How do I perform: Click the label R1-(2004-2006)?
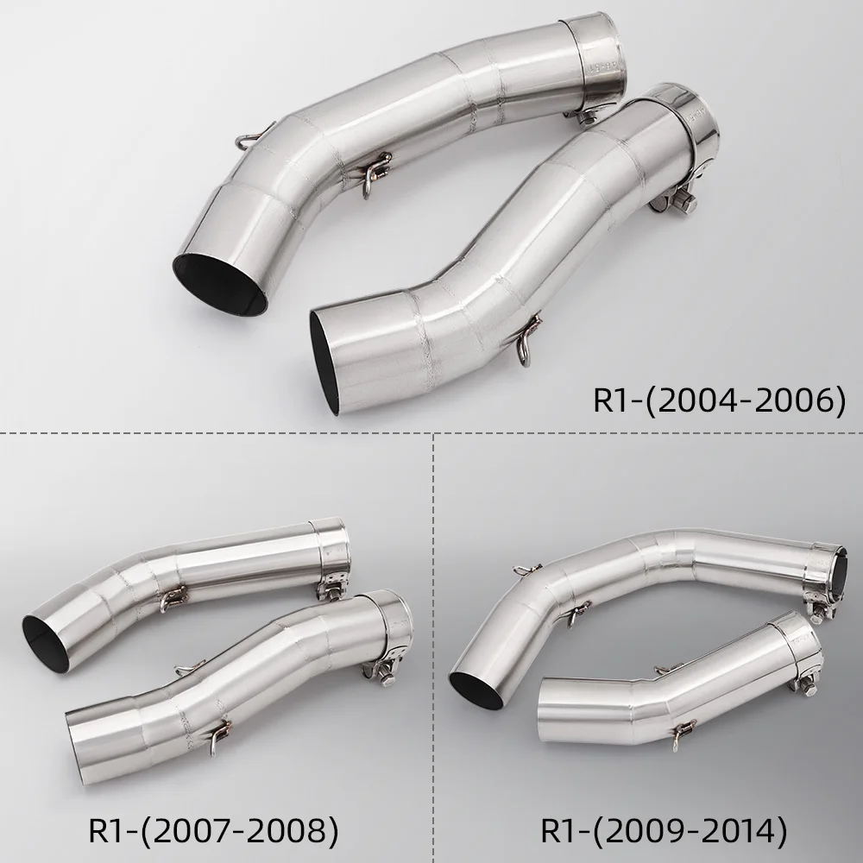[719, 400]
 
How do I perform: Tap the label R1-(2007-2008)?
[213, 830]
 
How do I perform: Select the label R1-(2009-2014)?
[664, 830]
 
